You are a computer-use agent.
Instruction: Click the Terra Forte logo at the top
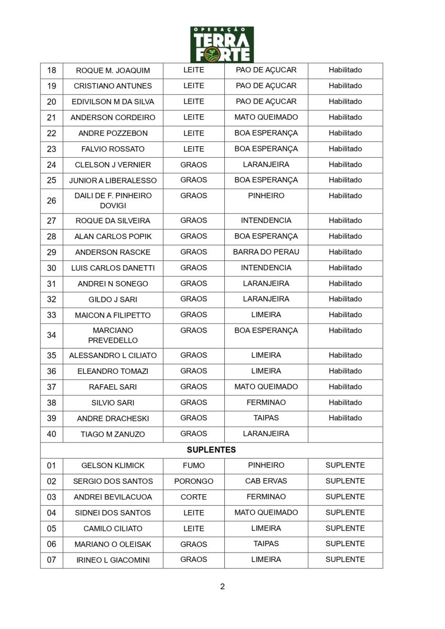coord(222,45)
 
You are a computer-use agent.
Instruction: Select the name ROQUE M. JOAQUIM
coord(113,70)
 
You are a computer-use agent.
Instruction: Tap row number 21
coord(51,117)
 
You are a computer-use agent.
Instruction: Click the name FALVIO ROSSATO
coord(113,149)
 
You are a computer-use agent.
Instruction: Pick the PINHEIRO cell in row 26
coord(266,196)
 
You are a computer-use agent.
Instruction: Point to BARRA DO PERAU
coord(266,252)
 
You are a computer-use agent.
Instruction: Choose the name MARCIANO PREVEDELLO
coord(113,335)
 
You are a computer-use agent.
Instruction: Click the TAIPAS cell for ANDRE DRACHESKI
coord(266,418)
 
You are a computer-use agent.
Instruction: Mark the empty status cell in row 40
coord(345,434)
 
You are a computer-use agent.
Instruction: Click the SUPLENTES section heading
coord(211,450)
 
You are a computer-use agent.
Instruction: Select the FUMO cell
coord(193,465)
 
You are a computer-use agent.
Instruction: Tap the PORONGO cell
coord(193,481)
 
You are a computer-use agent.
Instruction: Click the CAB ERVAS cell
coord(266,481)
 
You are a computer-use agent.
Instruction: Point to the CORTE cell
coord(193,497)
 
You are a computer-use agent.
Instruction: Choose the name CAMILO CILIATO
coord(113,528)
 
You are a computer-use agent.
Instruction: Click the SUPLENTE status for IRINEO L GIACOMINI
coord(345,559)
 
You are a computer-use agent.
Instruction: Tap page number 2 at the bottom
coord(222,586)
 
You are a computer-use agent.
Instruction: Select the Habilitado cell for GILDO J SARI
coord(345,299)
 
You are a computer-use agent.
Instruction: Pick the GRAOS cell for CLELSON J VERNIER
coord(193,165)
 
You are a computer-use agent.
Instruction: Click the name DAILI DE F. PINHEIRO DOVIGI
coord(113,200)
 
